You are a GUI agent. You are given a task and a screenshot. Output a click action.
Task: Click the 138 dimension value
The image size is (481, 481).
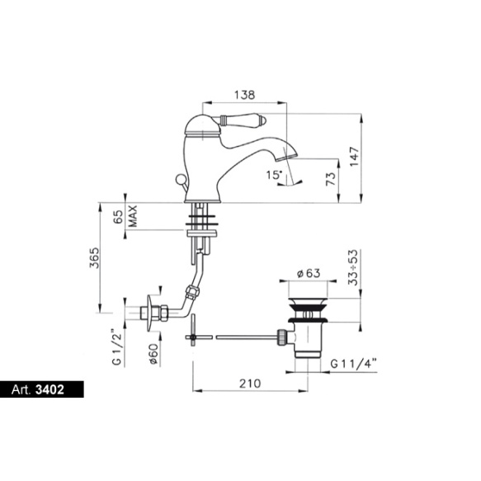pyautogui.click(x=244, y=95)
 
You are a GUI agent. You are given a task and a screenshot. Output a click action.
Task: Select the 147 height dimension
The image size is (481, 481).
pyautogui.click(x=354, y=157)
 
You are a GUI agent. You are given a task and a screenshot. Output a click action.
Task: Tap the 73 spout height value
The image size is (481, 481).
pyautogui.click(x=331, y=179)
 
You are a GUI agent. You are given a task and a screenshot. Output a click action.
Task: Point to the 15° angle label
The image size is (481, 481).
pyautogui.click(x=274, y=175)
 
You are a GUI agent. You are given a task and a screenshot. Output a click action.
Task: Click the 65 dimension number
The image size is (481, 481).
pyautogui.click(x=119, y=217)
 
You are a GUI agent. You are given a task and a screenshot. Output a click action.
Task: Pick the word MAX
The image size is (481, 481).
pyautogui.click(x=133, y=216)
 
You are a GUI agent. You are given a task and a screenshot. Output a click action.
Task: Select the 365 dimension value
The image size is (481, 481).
pyautogui.click(x=95, y=257)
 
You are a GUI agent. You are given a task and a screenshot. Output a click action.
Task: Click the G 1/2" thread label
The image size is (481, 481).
pyautogui.click(x=117, y=347)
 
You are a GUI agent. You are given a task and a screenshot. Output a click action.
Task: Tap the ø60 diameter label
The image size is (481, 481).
pyautogui.click(x=153, y=354)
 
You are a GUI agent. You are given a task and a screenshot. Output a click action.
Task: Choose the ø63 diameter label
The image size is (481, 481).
pyautogui.click(x=309, y=273)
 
